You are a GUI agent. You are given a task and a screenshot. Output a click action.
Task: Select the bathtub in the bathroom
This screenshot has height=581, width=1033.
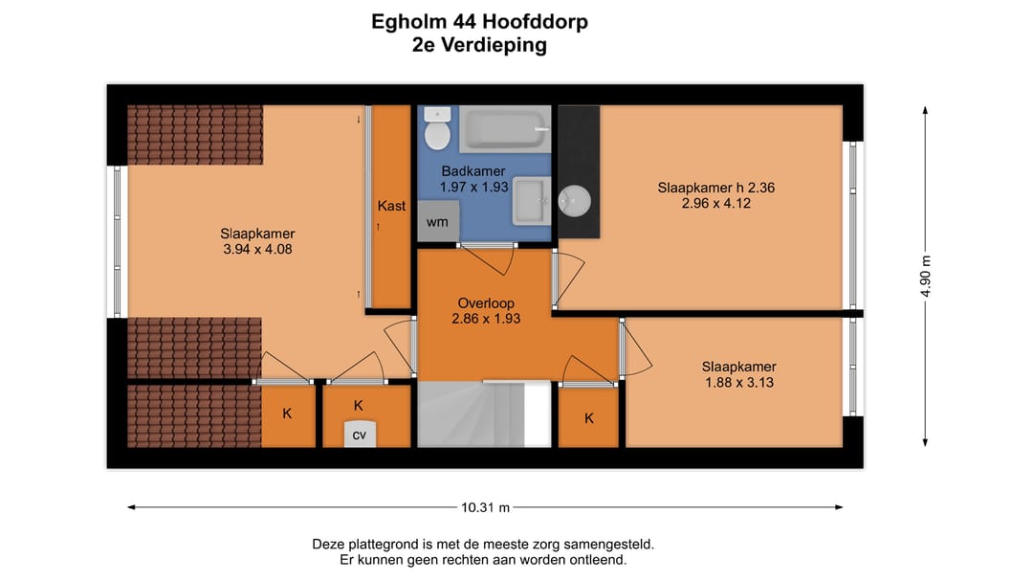[x=505, y=129]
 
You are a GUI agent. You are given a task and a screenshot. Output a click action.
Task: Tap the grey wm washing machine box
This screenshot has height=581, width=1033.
[x=438, y=222]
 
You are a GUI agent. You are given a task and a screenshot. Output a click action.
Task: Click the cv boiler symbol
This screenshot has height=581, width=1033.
[x=360, y=434]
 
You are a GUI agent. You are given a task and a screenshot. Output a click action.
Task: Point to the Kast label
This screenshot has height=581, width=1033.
[x=391, y=206]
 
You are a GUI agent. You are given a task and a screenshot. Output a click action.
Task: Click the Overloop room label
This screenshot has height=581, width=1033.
[x=486, y=303]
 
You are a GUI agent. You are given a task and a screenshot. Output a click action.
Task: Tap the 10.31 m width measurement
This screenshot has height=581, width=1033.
[x=486, y=507]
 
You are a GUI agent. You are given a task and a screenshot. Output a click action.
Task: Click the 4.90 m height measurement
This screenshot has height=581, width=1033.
[x=925, y=277]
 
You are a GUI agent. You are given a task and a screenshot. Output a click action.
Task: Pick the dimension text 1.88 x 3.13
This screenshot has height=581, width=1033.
[x=738, y=383]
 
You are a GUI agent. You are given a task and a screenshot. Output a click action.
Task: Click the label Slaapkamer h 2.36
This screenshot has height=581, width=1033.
[x=715, y=188]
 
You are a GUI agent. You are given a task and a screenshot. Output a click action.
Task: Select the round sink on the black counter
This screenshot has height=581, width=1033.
[x=574, y=201]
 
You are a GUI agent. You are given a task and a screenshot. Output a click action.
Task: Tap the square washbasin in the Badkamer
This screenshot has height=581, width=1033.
[x=532, y=201]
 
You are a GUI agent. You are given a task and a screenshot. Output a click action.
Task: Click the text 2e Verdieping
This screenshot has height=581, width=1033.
[x=479, y=45]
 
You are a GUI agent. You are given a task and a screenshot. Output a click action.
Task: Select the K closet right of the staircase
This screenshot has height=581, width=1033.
[x=589, y=417]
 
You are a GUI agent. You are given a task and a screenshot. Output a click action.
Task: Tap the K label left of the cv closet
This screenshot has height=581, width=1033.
[x=287, y=414]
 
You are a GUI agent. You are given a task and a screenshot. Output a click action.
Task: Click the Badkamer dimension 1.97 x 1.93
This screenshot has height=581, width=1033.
[x=473, y=188]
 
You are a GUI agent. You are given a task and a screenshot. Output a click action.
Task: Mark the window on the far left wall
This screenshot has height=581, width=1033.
[x=117, y=241]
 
